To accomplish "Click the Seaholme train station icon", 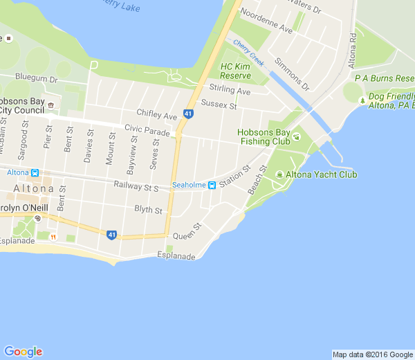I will [x=212, y=185].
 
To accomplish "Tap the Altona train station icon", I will [x=35, y=172].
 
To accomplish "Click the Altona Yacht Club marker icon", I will [x=279, y=174].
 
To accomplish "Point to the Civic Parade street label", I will [x=147, y=129].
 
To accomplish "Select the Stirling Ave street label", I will [x=230, y=91].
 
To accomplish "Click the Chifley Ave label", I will [x=157, y=115].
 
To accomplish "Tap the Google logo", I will [x=23, y=352].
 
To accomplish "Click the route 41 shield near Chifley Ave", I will [x=188, y=114].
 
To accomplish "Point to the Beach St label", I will [x=257, y=179].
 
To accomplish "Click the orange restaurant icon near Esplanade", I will [x=72, y=237].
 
